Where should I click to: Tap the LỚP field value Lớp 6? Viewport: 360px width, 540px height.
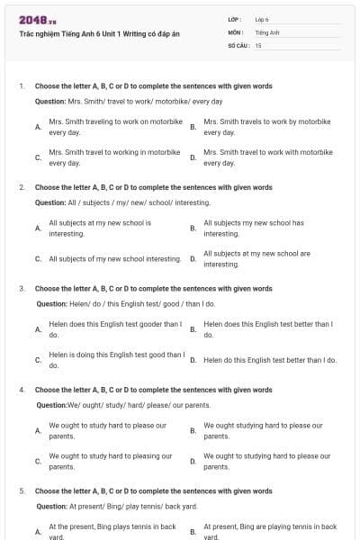262,19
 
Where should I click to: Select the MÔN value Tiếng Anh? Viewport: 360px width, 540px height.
267,31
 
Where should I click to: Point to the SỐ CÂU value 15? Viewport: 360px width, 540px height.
258,44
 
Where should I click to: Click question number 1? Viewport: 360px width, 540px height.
22,86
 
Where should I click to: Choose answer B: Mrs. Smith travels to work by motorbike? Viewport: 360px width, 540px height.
267,126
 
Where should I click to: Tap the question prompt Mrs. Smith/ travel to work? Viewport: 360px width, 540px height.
129,101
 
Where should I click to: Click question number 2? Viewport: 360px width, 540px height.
22,188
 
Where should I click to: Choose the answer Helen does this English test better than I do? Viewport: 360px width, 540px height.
268,328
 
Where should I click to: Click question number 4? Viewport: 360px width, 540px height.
22,391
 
